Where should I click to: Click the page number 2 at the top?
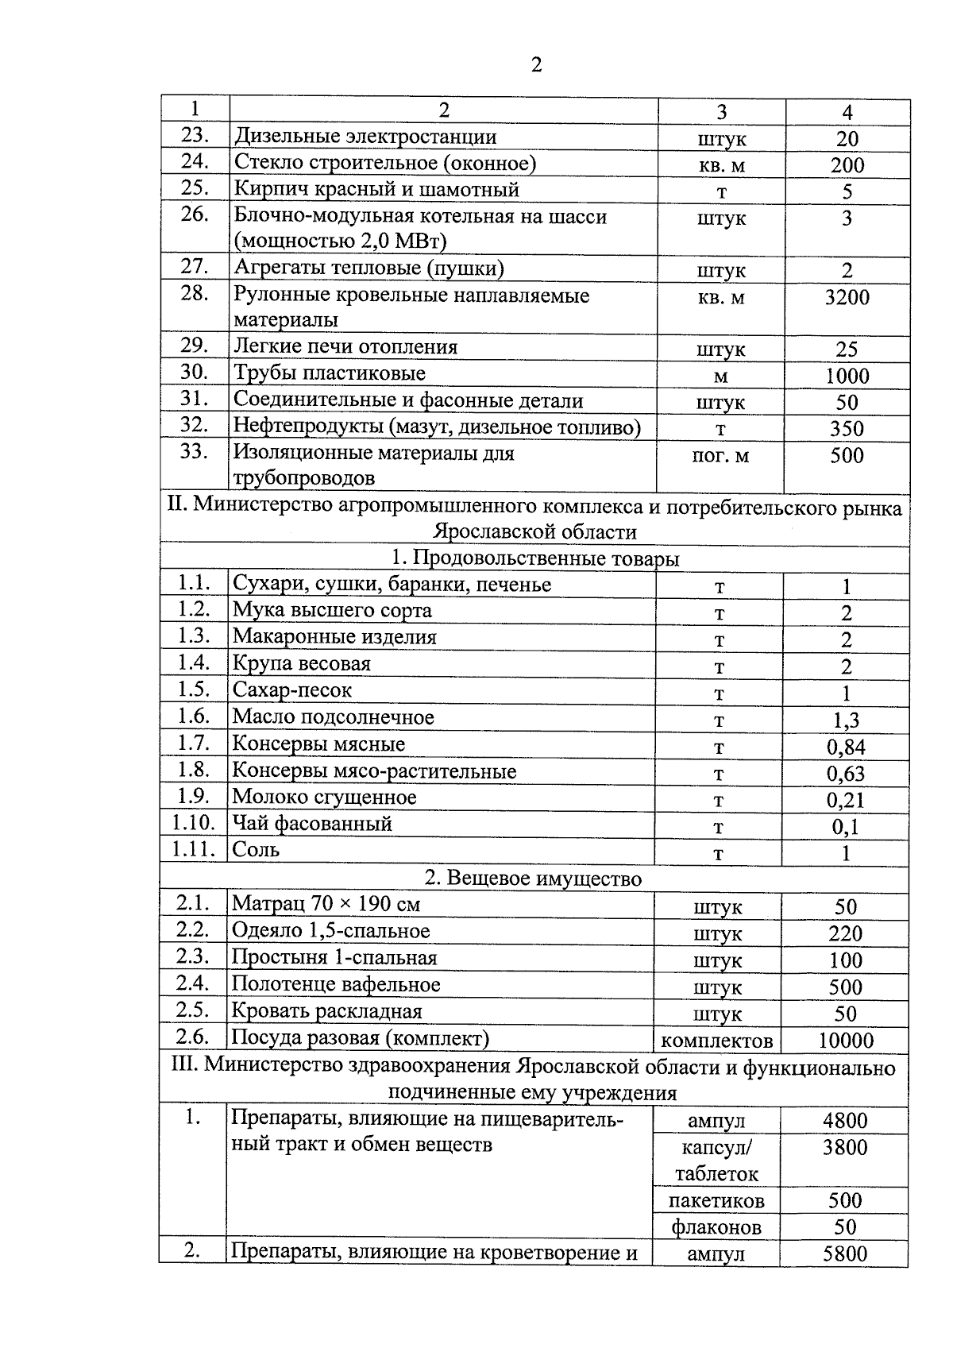(536, 65)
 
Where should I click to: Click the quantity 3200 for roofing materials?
(847, 298)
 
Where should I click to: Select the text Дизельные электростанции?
(365, 137)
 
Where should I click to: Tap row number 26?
(195, 214)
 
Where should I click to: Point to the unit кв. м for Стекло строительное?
(721, 165)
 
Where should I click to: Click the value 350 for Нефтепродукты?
(847, 429)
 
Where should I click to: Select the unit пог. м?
(720, 456)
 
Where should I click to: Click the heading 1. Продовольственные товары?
(536, 559)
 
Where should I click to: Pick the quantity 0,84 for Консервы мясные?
(846, 747)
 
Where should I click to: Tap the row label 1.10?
(194, 824)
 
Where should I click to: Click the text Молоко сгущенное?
(324, 798)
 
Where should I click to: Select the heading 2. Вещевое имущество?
(533, 879)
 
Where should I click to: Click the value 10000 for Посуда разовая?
(845, 1041)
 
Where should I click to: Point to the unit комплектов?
(717, 1041)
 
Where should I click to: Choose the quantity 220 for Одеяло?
(845, 933)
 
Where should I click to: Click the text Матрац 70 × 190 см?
(326, 904)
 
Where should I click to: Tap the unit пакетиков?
(716, 1200)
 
